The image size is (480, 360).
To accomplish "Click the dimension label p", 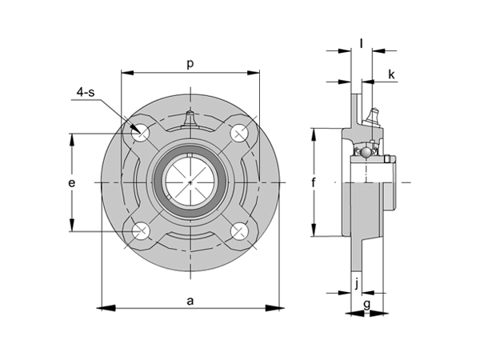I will coord(190,62).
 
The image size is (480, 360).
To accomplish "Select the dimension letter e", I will coord(72,183).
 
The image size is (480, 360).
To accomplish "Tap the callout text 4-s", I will coord(85,94).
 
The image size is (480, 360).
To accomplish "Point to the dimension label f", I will coord(314,183).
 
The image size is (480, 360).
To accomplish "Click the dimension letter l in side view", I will coord(362,42).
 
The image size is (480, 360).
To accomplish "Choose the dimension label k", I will coord(391,74).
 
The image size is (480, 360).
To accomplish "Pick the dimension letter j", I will coord(354,282).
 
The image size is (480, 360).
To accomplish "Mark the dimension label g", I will coord(366,303).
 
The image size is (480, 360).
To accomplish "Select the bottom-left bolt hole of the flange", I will coord(142,232).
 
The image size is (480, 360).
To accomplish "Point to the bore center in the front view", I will coord(190,183).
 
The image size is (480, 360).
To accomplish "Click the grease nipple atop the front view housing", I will coord(190,119).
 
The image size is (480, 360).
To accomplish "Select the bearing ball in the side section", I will coord(365,150).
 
